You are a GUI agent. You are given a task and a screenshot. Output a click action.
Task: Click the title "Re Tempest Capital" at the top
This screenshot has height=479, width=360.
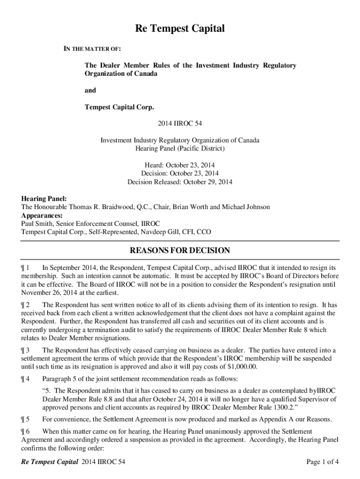[180, 29]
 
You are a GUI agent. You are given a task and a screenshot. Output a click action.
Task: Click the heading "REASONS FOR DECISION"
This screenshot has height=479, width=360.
[180, 251]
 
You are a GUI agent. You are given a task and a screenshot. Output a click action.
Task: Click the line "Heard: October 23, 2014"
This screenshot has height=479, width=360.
[180, 165]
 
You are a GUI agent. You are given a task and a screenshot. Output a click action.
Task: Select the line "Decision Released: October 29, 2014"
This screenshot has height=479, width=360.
[180, 182]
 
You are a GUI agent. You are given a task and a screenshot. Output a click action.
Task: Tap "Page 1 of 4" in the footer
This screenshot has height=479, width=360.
[322, 463]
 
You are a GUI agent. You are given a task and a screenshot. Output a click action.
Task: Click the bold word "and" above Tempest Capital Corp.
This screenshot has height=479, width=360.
[90, 91]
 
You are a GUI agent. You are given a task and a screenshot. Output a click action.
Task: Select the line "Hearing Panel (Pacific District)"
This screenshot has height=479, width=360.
[180, 149]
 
